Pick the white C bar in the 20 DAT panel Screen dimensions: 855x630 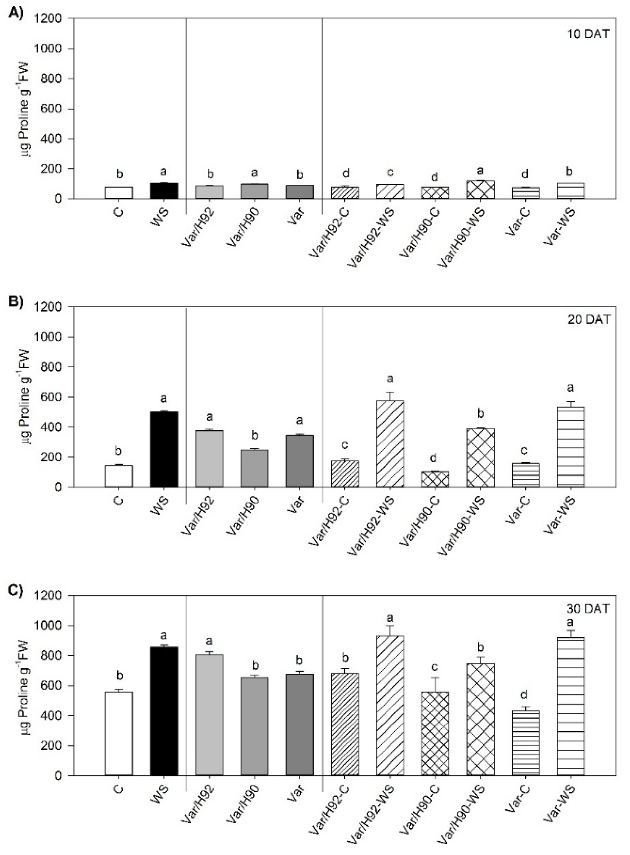pyautogui.click(x=119, y=476)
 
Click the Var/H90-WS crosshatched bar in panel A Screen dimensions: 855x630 pyautogui.click(x=480, y=189)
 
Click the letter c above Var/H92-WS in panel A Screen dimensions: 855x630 pyautogui.click(x=390, y=172)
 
